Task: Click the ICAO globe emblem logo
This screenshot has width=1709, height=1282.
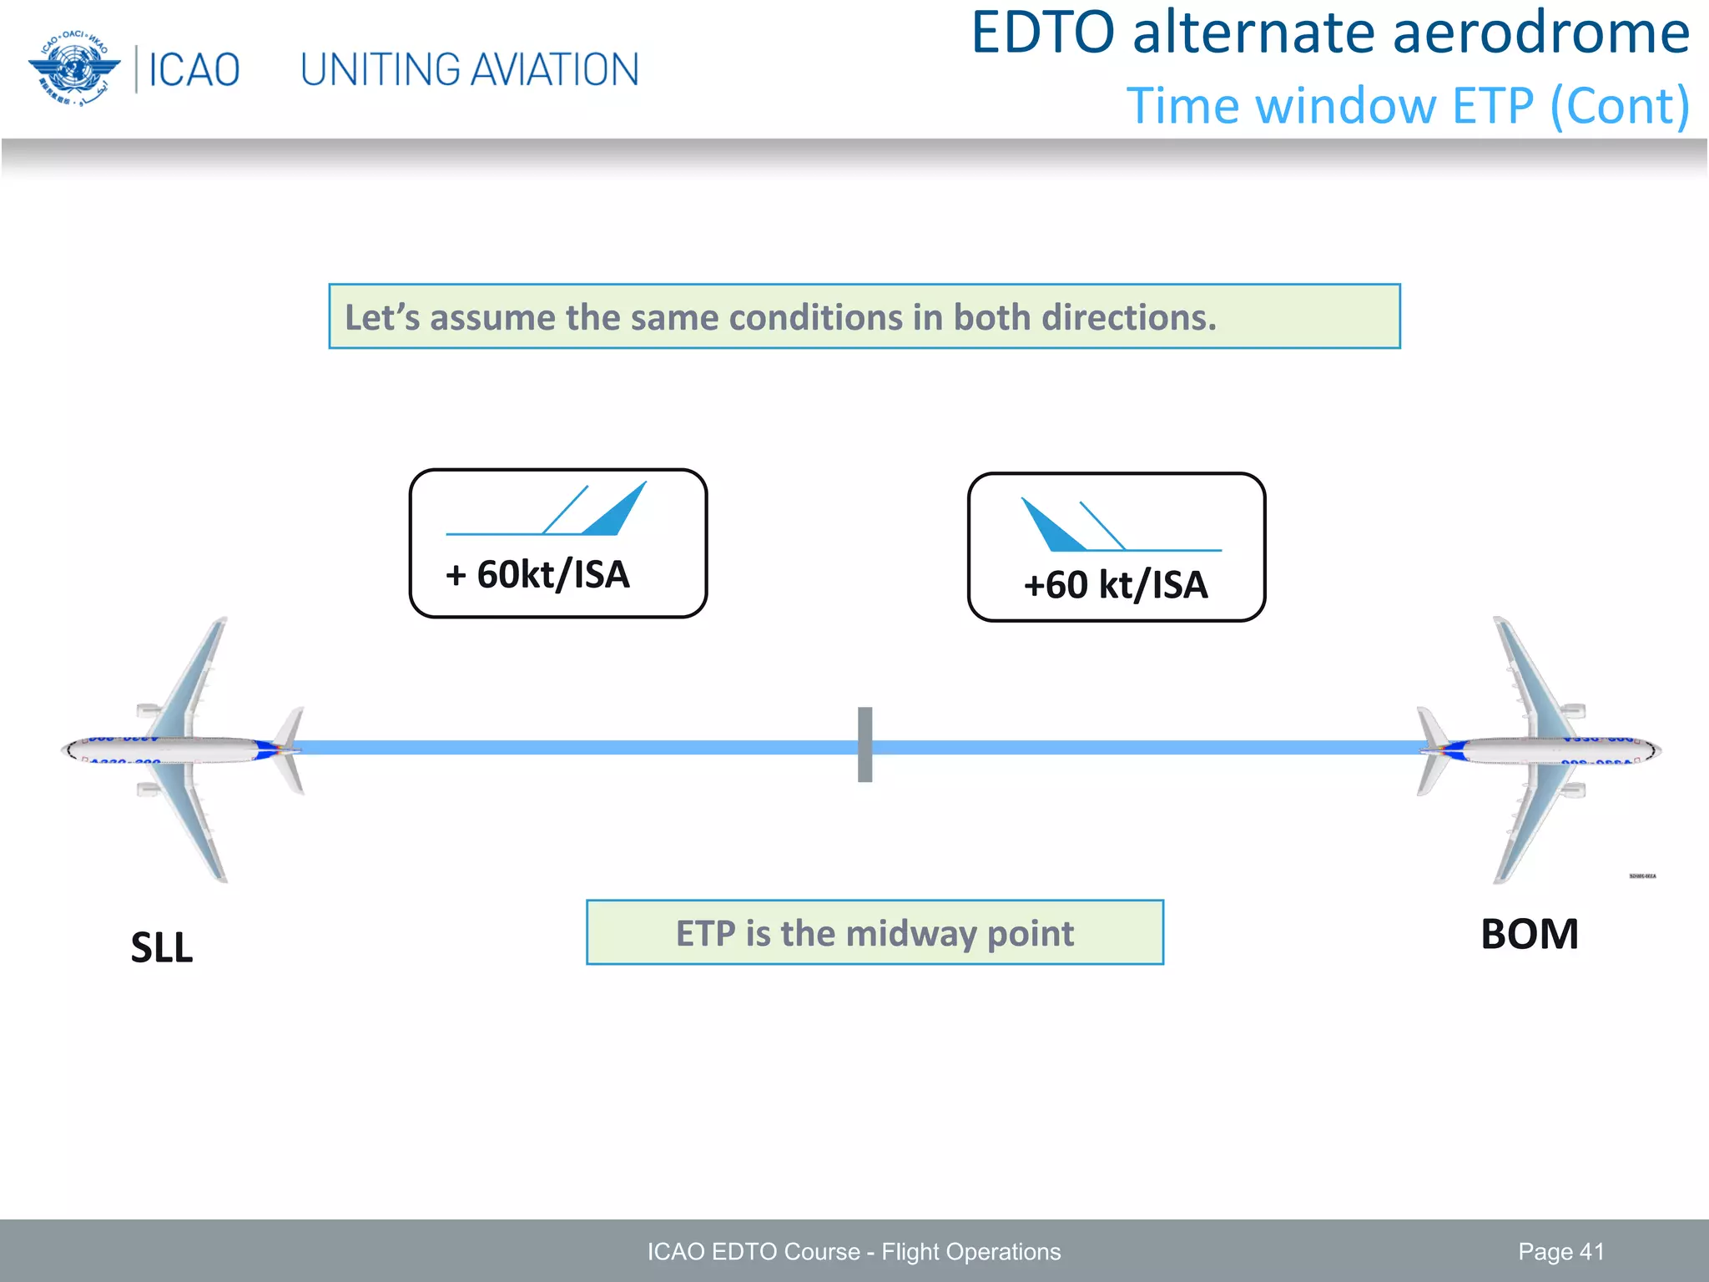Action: click(73, 68)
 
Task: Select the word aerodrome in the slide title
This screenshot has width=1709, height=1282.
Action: click(1535, 33)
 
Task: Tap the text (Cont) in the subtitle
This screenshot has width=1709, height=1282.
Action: click(1619, 107)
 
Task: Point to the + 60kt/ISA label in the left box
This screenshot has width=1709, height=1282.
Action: click(537, 575)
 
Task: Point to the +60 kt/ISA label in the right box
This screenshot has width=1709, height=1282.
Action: click(1116, 585)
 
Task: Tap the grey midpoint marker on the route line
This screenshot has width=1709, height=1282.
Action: click(865, 744)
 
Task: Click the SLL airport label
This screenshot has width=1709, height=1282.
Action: click(162, 948)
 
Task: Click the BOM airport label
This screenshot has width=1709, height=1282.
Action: click(1529, 934)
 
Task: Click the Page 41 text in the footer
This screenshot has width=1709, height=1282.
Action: click(1560, 1252)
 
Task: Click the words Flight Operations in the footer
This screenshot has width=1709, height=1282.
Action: click(970, 1252)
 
